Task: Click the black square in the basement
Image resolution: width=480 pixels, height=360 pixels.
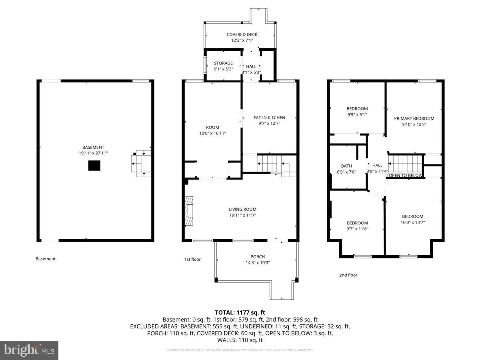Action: (94, 166)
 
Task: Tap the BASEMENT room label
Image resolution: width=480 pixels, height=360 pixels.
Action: (95, 147)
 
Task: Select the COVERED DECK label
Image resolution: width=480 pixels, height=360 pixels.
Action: (242, 34)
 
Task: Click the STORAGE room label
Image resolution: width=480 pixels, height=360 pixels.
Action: (223, 63)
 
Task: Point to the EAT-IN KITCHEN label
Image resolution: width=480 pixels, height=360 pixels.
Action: (269, 118)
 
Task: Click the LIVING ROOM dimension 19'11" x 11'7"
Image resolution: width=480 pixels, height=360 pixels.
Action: (242, 215)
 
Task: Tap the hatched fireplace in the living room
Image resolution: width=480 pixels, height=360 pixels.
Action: (188, 210)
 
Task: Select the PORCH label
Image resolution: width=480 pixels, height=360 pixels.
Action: (258, 257)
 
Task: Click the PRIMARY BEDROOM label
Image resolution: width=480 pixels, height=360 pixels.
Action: (414, 118)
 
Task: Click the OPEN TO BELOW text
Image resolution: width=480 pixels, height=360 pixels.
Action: (405, 176)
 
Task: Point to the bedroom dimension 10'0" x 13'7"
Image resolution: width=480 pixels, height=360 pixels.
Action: (412, 222)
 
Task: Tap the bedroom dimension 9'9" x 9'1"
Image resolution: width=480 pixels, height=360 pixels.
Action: (357, 114)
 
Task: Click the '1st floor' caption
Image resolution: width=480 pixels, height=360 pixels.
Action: (192, 259)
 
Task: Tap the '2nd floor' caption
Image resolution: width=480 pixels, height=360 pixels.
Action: (348, 275)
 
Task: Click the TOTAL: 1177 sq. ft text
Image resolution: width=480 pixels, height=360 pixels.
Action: (240, 312)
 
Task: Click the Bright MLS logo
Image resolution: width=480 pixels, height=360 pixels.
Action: (29, 350)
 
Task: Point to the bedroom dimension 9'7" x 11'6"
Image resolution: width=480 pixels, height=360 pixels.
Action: (357, 229)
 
